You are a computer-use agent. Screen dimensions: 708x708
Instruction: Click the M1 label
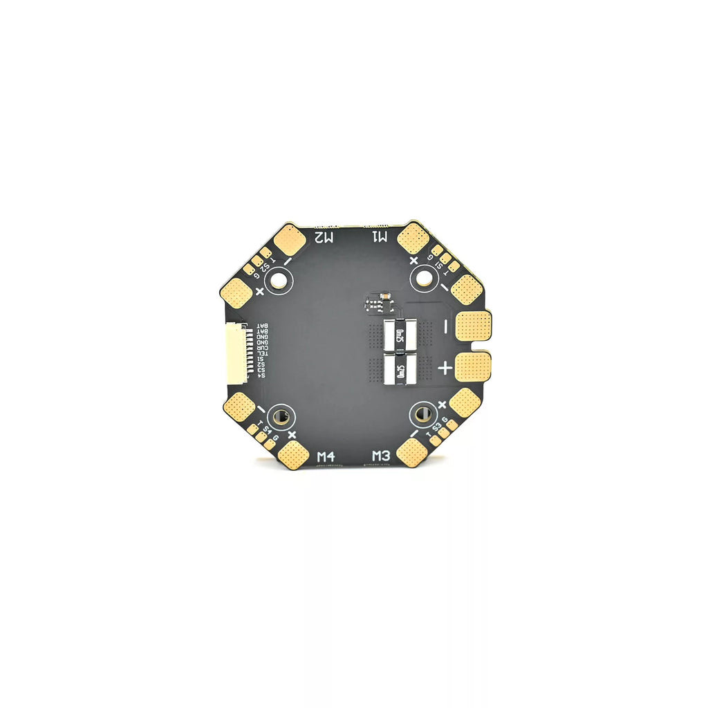(x=382, y=237)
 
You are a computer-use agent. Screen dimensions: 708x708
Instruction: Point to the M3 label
(x=382, y=456)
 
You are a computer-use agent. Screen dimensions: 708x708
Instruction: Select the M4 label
(x=326, y=456)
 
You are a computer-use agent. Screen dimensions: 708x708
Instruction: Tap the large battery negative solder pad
(x=473, y=325)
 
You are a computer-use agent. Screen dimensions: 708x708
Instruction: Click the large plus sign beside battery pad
(x=445, y=369)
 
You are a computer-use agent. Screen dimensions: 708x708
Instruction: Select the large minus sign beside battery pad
(x=446, y=324)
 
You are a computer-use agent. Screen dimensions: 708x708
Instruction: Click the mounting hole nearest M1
(x=422, y=279)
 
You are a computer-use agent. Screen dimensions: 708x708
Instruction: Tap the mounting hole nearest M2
(x=279, y=280)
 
